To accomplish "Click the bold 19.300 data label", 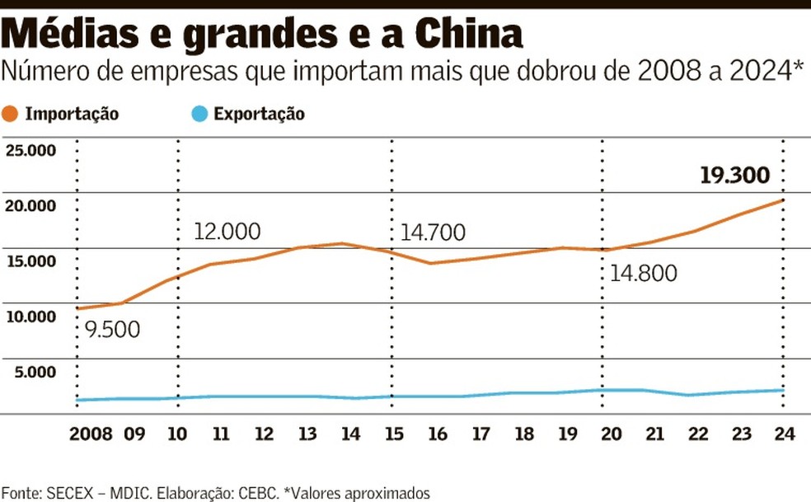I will coord(734,175).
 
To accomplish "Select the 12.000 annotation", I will coord(227,231).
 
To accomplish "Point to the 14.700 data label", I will coord(434,232).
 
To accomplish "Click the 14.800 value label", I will coord(644,272).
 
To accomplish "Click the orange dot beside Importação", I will coord(12,115).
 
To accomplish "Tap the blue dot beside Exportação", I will coord(199,115).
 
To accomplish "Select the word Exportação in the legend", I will coord(259,115).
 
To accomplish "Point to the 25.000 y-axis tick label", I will coord(30,150).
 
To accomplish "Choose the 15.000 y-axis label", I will coord(30,261).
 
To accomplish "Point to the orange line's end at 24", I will coord(782,199).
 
